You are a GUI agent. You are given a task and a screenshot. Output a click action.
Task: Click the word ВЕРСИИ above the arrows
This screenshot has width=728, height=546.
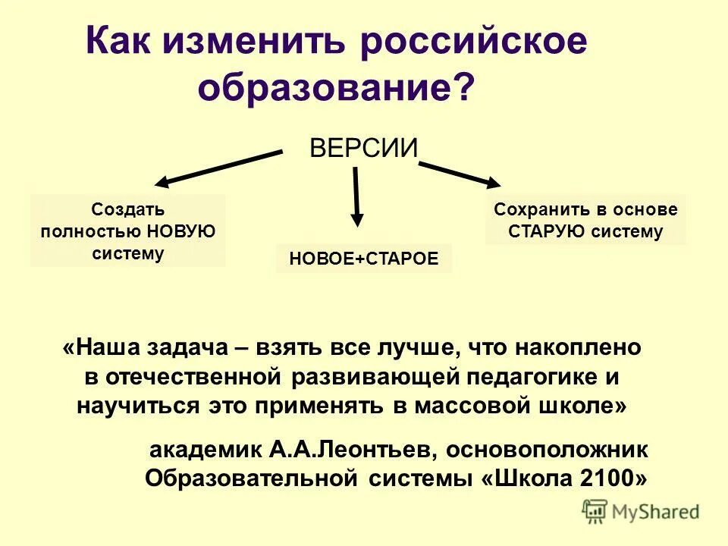coord(364,147)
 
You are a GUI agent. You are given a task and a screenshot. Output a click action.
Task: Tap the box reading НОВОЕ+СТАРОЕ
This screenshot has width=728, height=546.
coord(363,259)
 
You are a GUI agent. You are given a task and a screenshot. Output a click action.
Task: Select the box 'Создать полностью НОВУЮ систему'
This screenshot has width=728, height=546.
coord(128,231)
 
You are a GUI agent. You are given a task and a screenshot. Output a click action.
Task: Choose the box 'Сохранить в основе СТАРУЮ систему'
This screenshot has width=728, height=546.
coord(585,220)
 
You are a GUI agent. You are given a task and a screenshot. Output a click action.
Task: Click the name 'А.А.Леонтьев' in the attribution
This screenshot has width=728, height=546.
coord(350,450)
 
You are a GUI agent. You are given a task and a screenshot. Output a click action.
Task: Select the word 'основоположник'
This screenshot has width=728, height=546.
coord(547,450)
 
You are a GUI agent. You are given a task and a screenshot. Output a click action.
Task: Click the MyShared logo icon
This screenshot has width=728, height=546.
coord(595,511)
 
